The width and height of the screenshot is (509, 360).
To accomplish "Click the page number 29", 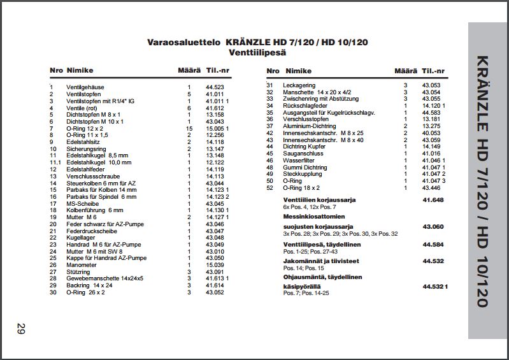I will click(20, 329).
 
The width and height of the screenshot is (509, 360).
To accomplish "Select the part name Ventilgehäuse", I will click(85, 87).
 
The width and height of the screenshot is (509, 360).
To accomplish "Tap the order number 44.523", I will click(215, 87).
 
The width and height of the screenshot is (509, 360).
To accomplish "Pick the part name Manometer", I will click(82, 265).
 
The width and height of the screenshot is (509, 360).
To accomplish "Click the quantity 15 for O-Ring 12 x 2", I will click(189, 128).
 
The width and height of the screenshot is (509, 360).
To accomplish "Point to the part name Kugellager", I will click(80, 238).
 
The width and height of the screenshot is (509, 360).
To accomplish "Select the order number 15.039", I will click(215, 265).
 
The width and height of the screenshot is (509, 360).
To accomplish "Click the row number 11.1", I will click(55, 162).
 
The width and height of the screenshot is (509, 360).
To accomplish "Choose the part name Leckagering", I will click(299, 85).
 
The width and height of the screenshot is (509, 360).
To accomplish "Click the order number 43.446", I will click(431, 187).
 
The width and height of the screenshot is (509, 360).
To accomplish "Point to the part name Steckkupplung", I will click(302, 174).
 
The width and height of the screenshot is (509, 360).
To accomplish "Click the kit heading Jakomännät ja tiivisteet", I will click(321, 261).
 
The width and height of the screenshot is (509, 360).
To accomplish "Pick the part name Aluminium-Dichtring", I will click(310, 126).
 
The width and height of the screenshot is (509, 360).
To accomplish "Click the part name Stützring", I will click(78, 272).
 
